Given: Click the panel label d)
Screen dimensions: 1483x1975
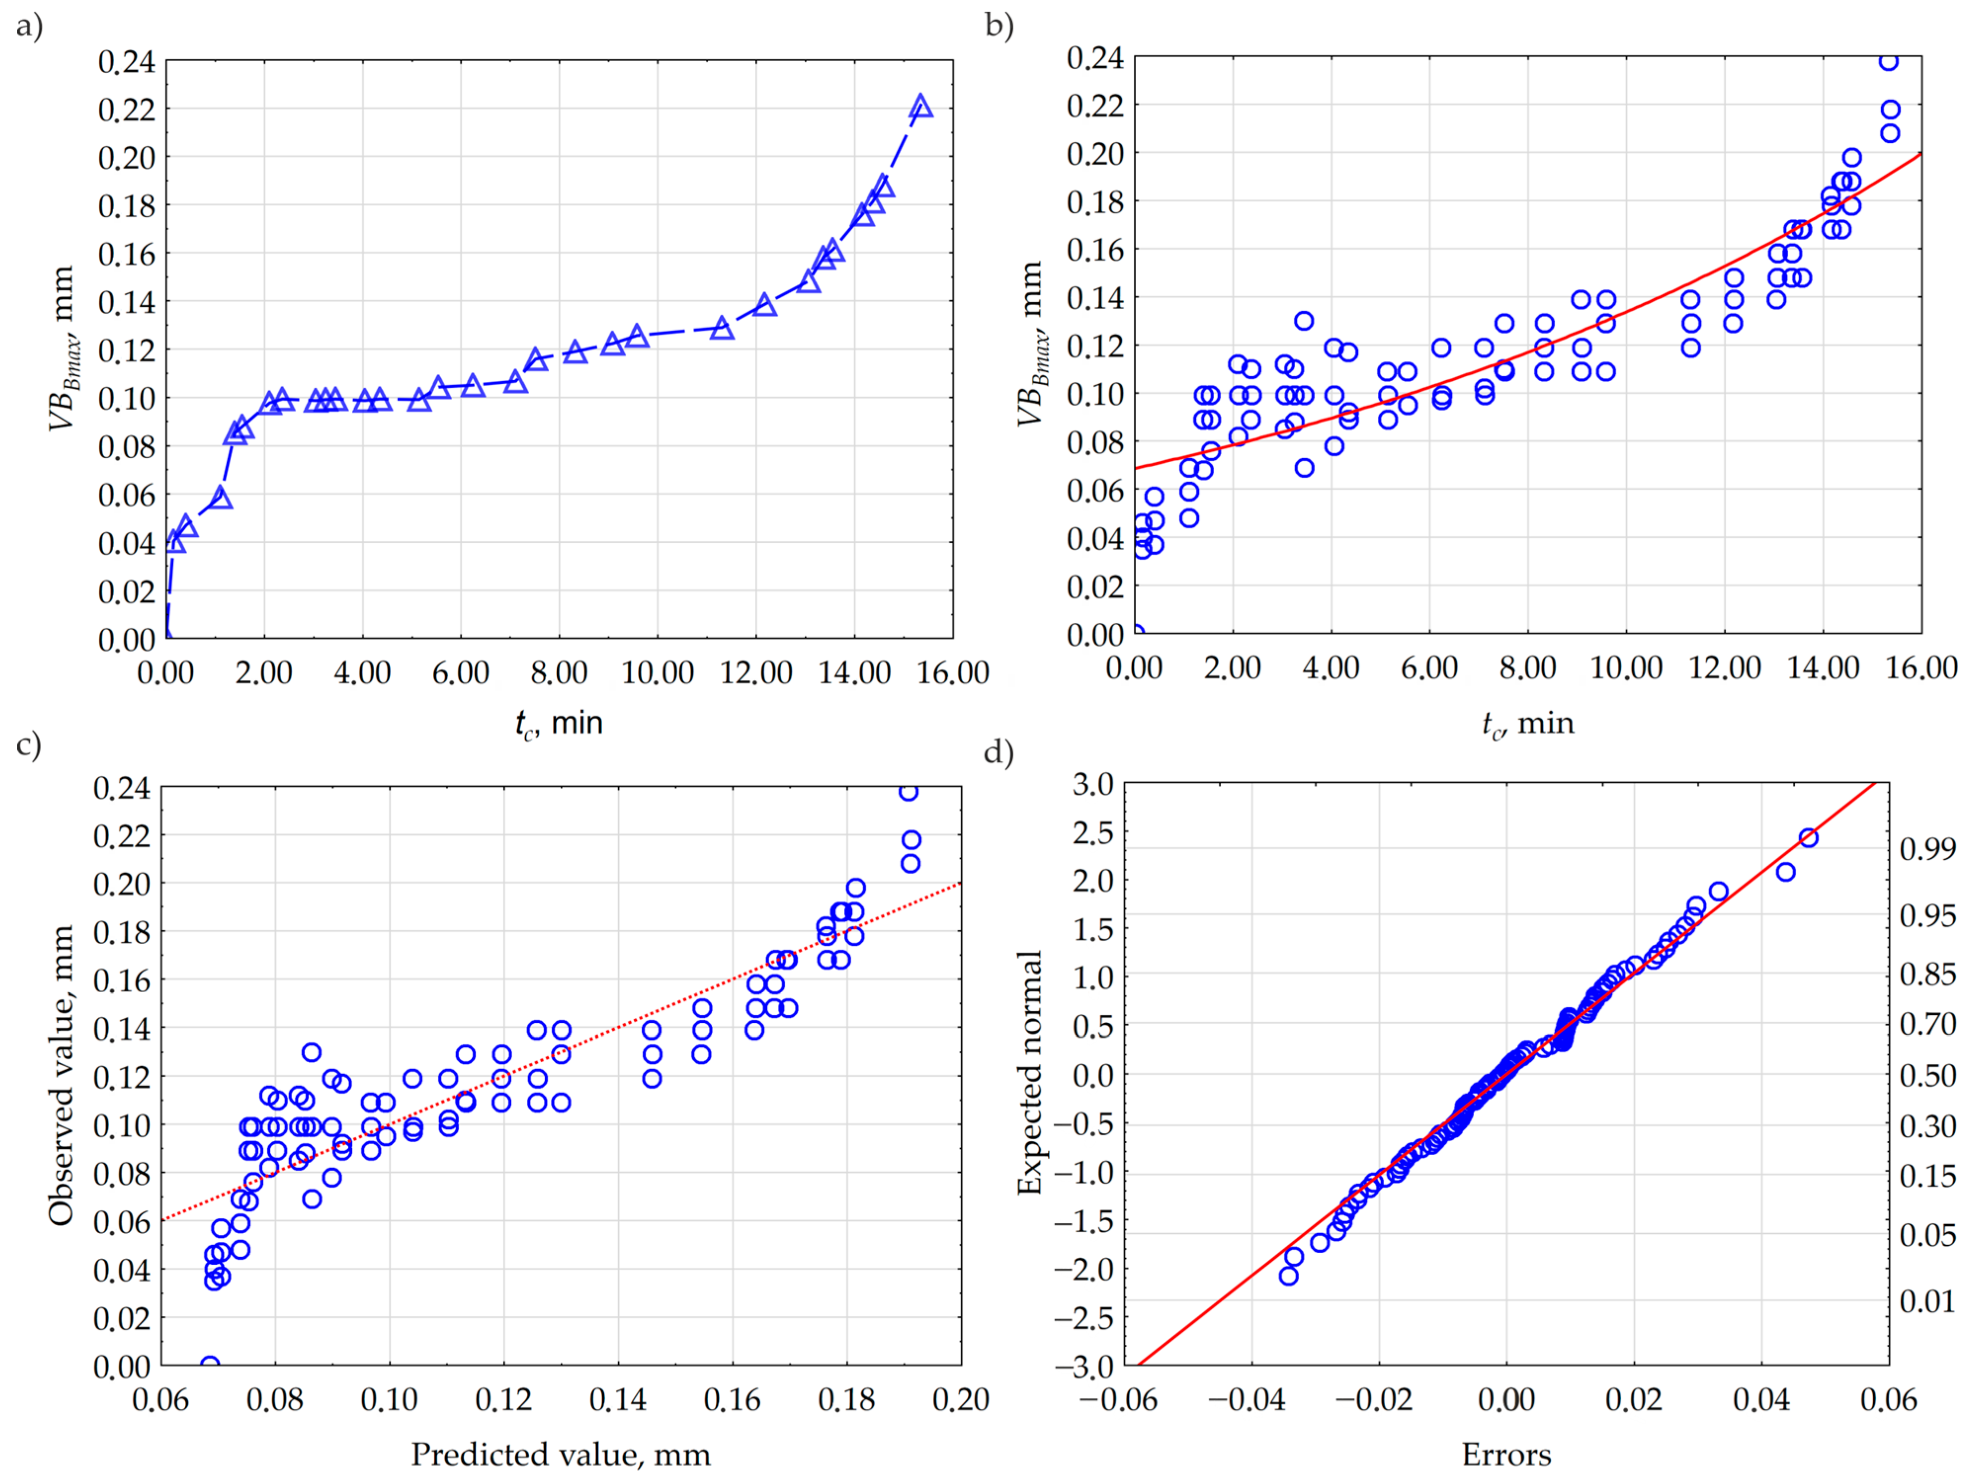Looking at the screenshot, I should pos(999,753).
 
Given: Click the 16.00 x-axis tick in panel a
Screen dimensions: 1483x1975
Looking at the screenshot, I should pos(953,672).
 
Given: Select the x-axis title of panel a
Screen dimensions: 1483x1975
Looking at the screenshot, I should pos(559,723).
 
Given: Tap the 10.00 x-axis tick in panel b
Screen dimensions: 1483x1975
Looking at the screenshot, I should pos(1626,668).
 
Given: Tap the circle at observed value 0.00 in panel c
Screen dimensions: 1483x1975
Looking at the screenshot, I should pos(210,1364).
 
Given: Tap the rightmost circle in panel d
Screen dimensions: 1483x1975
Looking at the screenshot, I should pos(1808,838).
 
